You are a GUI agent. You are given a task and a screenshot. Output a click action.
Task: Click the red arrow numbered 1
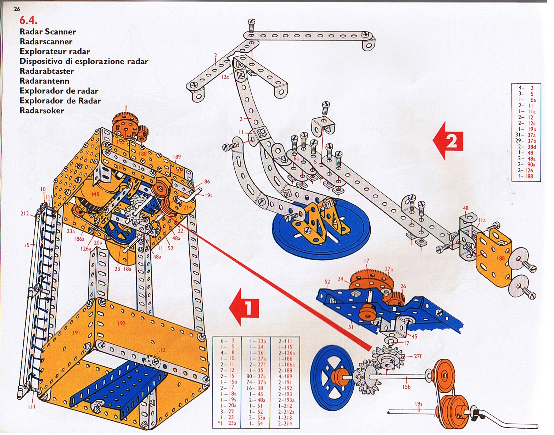(x=245, y=307)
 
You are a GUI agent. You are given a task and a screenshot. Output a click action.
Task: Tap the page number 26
(x=17, y=9)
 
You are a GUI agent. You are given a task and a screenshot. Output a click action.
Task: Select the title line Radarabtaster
(x=47, y=71)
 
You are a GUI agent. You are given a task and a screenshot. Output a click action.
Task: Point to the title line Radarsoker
(x=42, y=110)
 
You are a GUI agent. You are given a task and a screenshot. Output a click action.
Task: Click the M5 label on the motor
(x=95, y=194)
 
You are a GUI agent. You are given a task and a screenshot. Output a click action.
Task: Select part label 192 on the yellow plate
(x=122, y=323)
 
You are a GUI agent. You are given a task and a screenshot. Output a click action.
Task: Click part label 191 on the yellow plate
(x=76, y=332)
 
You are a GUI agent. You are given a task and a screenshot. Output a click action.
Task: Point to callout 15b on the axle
(x=406, y=387)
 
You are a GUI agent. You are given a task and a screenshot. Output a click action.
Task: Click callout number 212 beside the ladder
(x=24, y=213)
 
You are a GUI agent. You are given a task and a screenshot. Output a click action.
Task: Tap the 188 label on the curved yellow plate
(x=500, y=258)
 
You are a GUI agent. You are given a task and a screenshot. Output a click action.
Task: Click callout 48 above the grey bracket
(x=465, y=208)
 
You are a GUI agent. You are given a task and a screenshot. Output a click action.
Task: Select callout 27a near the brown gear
(x=388, y=269)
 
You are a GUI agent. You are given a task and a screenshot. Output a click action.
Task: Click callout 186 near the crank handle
(x=206, y=182)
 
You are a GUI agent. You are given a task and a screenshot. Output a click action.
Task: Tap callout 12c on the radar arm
(x=225, y=77)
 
